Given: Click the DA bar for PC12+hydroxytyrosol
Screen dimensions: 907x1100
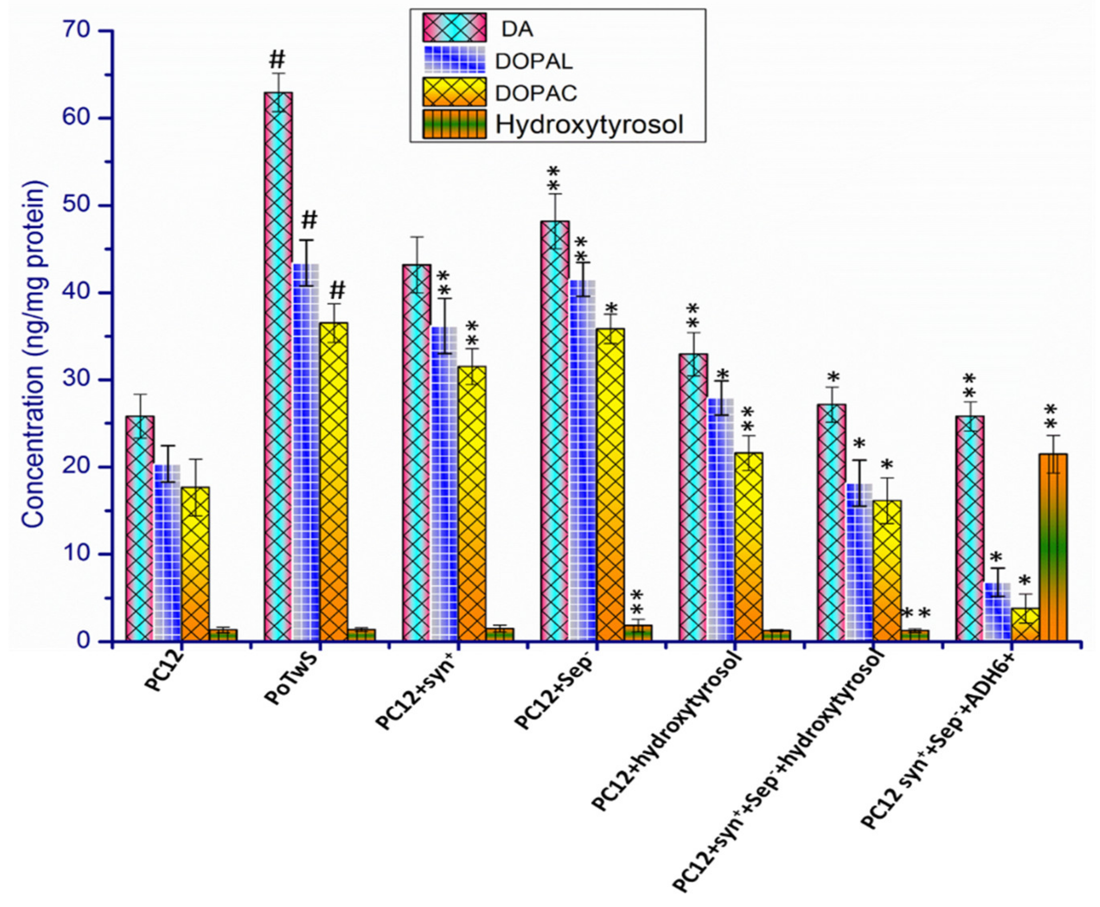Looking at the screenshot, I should click(x=693, y=496).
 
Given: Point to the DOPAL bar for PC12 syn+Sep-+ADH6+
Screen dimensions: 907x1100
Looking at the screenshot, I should click(x=997, y=611).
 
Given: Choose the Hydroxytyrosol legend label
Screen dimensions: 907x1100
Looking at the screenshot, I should click(x=589, y=124).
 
